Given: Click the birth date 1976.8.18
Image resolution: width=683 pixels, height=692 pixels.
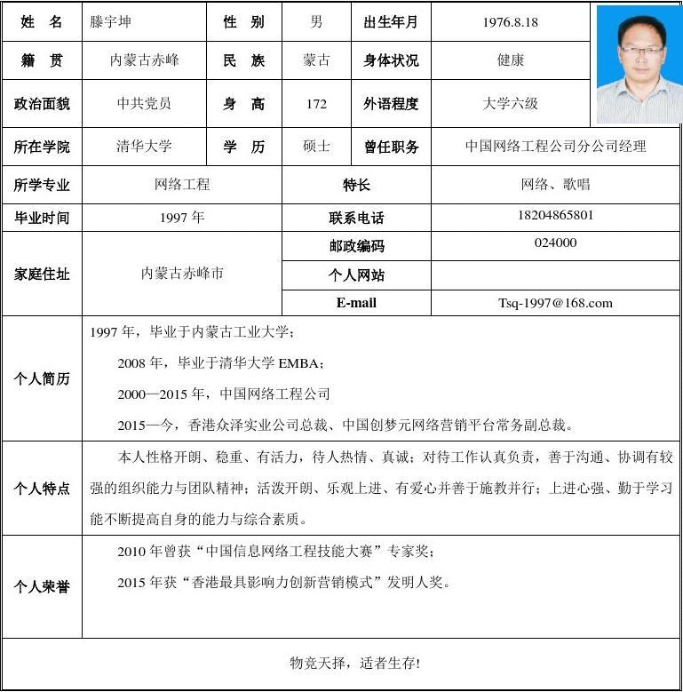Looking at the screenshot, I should (510, 22).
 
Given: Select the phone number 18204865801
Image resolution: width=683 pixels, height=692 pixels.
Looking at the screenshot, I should (555, 215).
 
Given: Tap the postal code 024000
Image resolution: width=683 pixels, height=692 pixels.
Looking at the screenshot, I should (555, 243).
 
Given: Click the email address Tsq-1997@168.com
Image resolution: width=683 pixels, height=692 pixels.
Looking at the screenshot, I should (555, 303).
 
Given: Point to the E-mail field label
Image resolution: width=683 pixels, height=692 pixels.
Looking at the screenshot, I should (356, 303).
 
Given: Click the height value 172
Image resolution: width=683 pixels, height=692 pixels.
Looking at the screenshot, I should (316, 104).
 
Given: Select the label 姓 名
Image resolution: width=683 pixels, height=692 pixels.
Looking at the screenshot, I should (41, 22).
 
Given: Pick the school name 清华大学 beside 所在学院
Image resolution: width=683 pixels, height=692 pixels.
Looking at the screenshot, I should (144, 147).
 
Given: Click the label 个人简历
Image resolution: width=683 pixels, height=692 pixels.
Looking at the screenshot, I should (41, 378).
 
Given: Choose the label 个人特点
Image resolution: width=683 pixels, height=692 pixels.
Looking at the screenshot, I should (41, 489).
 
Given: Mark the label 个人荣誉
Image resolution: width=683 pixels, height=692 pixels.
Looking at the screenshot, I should (41, 587).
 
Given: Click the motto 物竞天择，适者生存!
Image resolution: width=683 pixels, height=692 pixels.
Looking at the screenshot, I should (354, 664).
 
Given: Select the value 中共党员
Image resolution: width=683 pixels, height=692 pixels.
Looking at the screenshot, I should (144, 104).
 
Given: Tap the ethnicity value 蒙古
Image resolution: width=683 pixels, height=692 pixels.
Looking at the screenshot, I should (316, 60).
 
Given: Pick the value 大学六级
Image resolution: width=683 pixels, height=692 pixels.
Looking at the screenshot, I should (510, 104).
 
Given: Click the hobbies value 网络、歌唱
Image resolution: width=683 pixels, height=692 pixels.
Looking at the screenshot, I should (555, 185).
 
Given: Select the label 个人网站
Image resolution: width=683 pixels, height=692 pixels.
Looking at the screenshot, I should (356, 275).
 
